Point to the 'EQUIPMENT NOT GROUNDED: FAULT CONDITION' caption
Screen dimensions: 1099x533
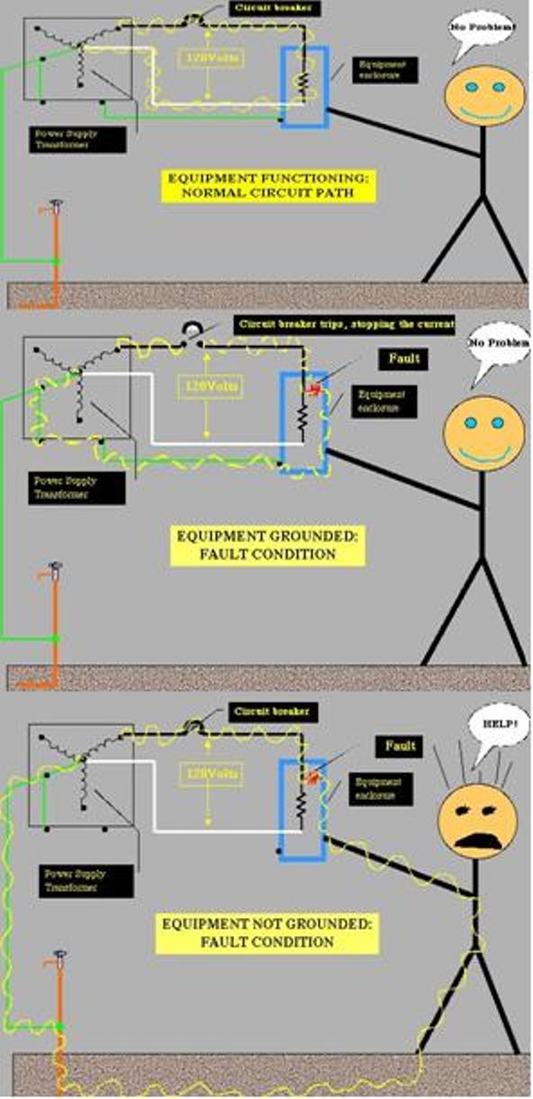click(x=248, y=933)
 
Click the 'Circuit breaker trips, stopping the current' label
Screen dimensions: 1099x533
click(x=344, y=323)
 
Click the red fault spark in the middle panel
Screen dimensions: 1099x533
click(x=314, y=389)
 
